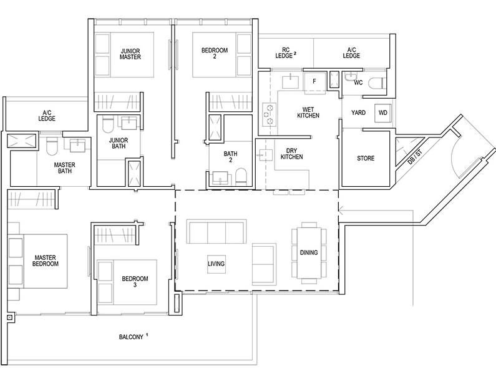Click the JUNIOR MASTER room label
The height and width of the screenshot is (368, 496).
[130, 54]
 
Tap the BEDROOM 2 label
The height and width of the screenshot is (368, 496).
[215, 53]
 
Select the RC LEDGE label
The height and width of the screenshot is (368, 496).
[284, 52]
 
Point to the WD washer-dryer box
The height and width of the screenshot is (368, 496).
[382, 112]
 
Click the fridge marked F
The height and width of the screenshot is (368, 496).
[314, 82]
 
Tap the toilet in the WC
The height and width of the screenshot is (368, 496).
[377, 82]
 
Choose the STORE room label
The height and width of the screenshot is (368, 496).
[366, 158]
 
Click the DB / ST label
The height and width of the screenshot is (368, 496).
[415, 157]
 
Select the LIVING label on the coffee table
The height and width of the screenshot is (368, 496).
[216, 264]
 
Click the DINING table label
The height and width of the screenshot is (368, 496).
[309, 252]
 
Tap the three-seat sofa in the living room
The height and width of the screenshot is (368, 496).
[216, 231]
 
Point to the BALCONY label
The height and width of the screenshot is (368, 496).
[131, 337]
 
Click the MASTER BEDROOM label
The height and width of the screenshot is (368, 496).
[46, 261]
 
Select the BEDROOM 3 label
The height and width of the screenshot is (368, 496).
[135, 282]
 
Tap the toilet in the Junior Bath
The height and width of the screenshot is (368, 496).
[108, 125]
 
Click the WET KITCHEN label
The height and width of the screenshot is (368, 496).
[308, 112]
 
